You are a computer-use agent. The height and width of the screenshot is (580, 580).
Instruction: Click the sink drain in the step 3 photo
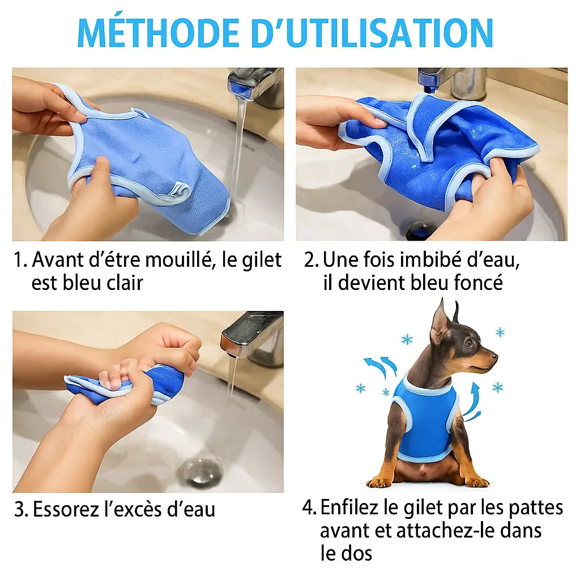[199, 470]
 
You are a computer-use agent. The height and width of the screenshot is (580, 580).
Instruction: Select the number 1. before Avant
[21, 261]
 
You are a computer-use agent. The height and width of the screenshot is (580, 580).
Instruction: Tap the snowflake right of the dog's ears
[500, 332]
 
